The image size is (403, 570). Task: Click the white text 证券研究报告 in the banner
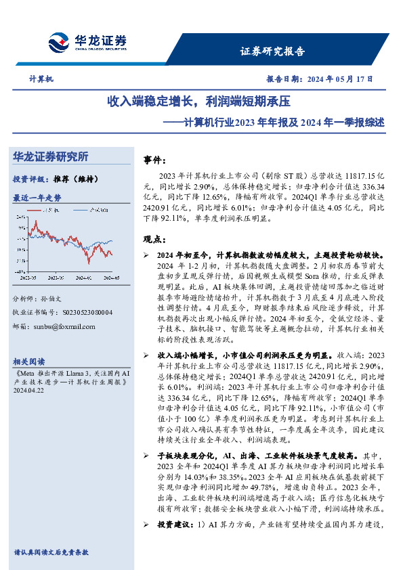pyautogui.click(x=272, y=51)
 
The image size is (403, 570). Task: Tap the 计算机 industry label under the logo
pyautogui.click(x=41, y=79)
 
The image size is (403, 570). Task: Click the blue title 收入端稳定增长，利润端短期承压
pyautogui.click(x=198, y=102)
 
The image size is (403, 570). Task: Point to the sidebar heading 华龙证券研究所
pyautogui.click(x=51, y=157)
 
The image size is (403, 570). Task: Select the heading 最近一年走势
pyautogui.click(x=37, y=198)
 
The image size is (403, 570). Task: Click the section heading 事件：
pyautogui.click(x=155, y=160)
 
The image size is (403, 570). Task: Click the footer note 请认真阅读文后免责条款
pyautogui.click(x=51, y=552)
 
